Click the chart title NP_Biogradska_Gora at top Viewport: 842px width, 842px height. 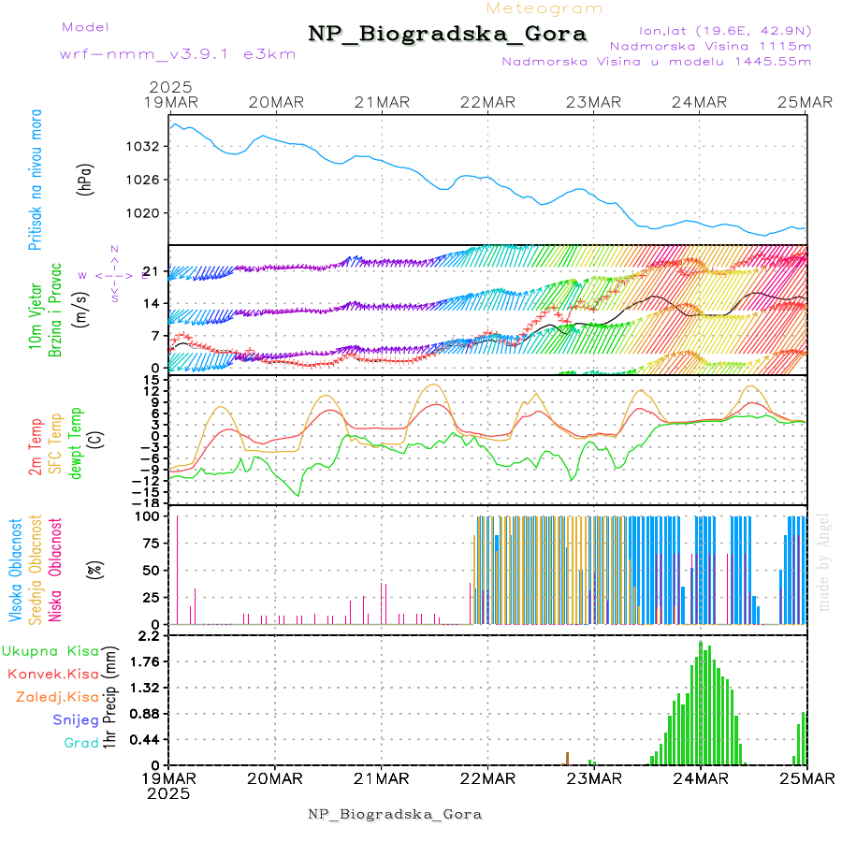coord(447,35)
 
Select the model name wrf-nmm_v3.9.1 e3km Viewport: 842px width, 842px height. coord(178,54)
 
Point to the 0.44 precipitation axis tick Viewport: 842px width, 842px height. coord(146,739)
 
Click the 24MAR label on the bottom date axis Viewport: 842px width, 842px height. coord(701,777)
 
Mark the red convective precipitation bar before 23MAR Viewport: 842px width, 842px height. coord(567,758)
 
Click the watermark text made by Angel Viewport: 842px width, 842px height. coord(824,561)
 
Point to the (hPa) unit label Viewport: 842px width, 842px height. coord(85,180)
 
